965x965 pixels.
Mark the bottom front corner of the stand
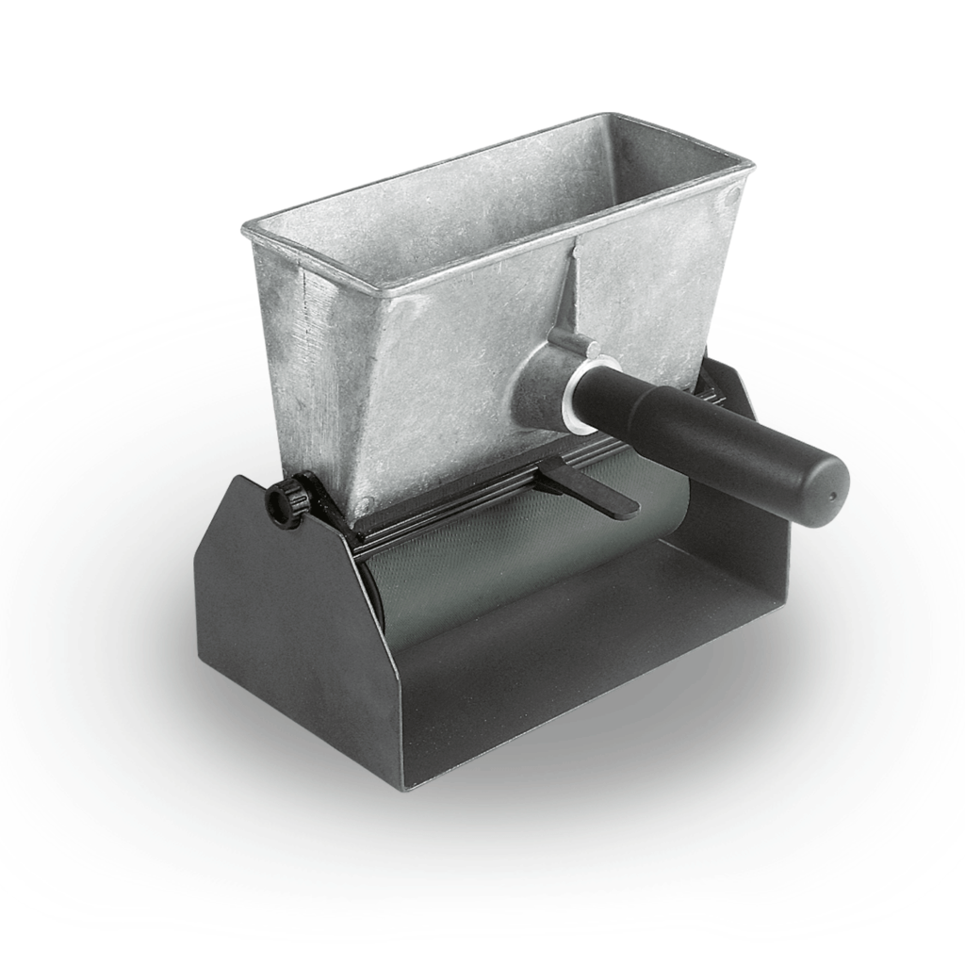406,786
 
